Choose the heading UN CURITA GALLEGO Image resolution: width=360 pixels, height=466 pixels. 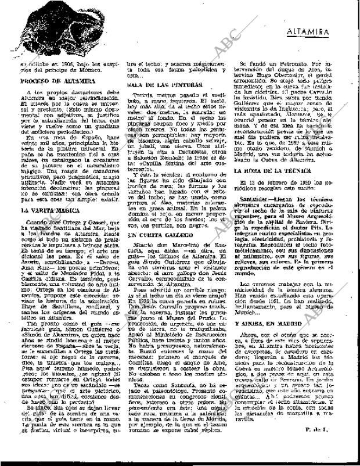click(x=153, y=234)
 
